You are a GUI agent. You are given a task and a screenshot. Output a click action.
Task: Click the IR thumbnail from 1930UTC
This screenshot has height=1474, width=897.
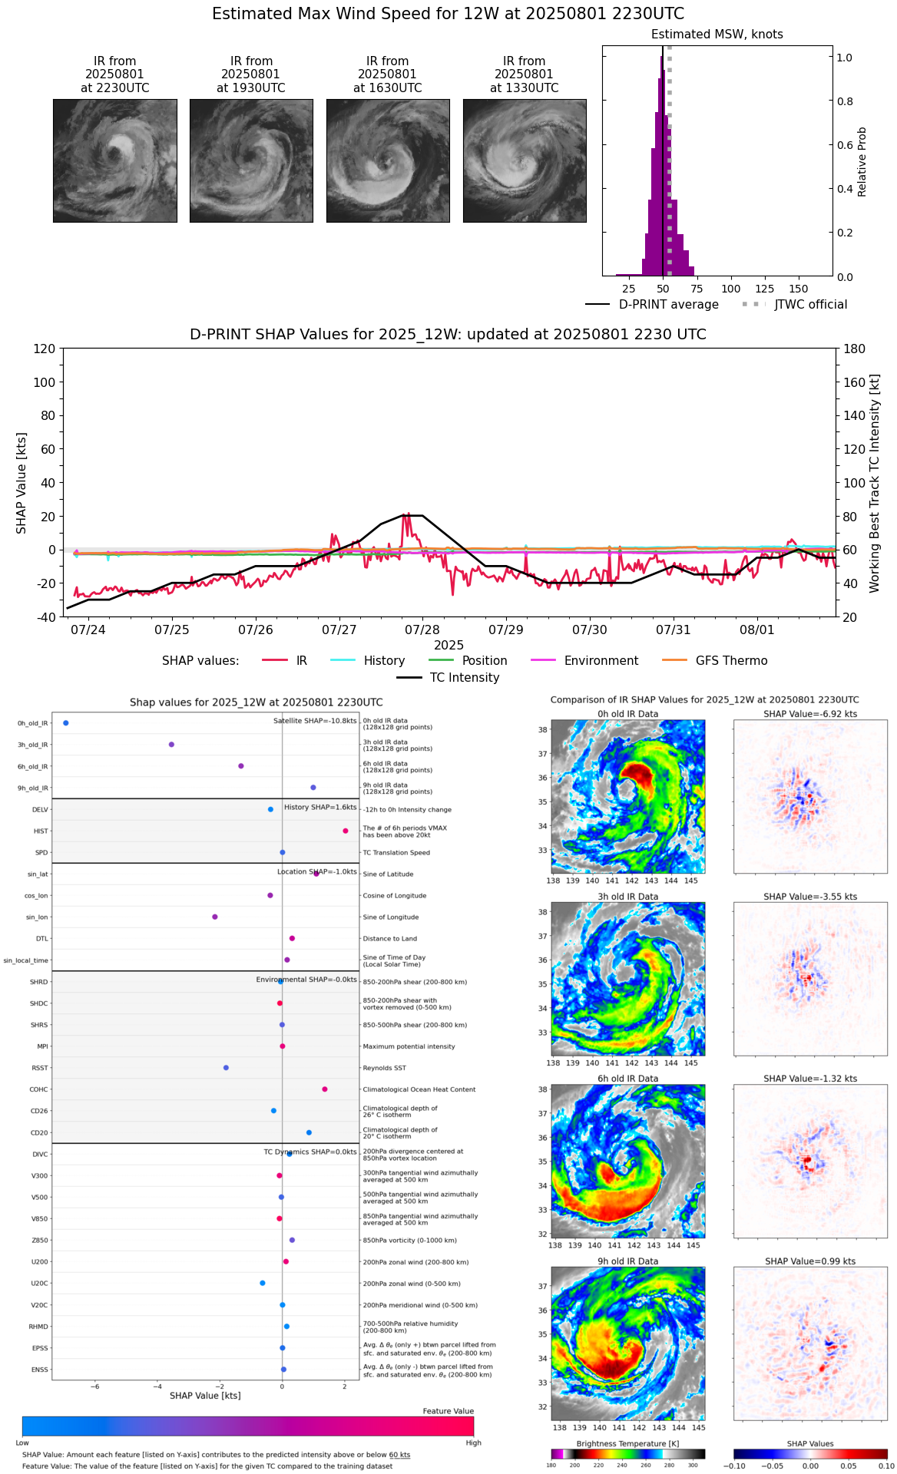251,160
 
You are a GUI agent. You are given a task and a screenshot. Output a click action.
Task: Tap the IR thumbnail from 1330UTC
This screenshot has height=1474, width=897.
525,160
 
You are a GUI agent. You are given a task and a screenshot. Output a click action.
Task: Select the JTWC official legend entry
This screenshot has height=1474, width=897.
810,305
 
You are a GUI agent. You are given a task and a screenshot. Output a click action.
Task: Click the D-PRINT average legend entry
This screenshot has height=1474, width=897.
668,305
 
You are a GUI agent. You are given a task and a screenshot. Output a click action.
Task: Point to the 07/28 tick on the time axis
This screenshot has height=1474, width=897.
422,630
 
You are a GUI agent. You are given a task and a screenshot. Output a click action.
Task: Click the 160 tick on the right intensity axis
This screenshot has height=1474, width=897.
854,382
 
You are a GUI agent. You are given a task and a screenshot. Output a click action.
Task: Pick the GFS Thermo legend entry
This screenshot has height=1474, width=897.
731,661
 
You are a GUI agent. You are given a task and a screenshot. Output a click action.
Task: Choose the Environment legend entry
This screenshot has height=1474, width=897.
601,661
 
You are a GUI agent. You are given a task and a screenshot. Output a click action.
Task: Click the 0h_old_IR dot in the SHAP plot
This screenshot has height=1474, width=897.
66,723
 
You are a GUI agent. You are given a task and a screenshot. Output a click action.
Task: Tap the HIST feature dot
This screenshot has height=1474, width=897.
346,831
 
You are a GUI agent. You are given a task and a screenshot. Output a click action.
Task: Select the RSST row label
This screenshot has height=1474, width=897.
40,1068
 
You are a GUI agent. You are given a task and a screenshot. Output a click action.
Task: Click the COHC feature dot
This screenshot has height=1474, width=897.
325,1089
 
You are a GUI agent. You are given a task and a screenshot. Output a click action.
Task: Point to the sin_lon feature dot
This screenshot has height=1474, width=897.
215,917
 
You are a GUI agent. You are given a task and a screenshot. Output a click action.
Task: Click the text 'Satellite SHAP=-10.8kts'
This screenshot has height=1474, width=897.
315,722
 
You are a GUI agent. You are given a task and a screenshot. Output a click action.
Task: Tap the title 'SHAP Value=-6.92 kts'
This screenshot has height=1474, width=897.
810,714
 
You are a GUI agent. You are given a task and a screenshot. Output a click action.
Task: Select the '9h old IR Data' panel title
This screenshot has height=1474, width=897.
627,1261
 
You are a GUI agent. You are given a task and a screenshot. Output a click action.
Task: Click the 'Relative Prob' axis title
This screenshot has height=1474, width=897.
862,162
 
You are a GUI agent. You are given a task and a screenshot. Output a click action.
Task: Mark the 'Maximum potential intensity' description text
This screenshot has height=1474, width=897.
409,1046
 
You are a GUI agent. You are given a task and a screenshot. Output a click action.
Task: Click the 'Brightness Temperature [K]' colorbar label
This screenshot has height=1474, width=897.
627,1444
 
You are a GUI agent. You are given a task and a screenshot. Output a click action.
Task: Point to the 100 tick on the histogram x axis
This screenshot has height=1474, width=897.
731,289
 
